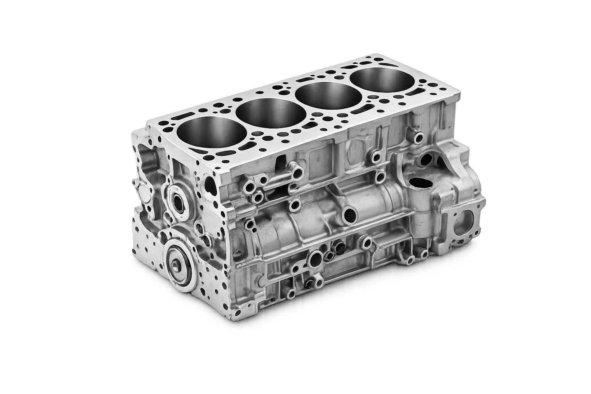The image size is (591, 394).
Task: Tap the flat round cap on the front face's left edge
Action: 143,192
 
